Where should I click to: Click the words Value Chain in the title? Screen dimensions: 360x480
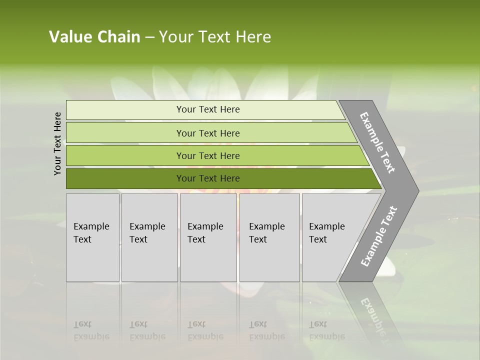tap(94, 37)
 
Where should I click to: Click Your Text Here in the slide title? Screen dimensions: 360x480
tap(215, 37)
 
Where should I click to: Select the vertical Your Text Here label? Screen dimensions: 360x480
tap(58, 143)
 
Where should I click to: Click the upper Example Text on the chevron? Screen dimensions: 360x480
tap(378, 142)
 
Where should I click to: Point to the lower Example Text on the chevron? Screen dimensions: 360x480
tap(378, 236)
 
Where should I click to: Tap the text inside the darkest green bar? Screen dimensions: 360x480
tap(208, 178)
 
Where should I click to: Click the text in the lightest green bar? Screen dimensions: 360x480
tap(208, 109)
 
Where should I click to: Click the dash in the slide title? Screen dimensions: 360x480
tap(149, 37)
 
